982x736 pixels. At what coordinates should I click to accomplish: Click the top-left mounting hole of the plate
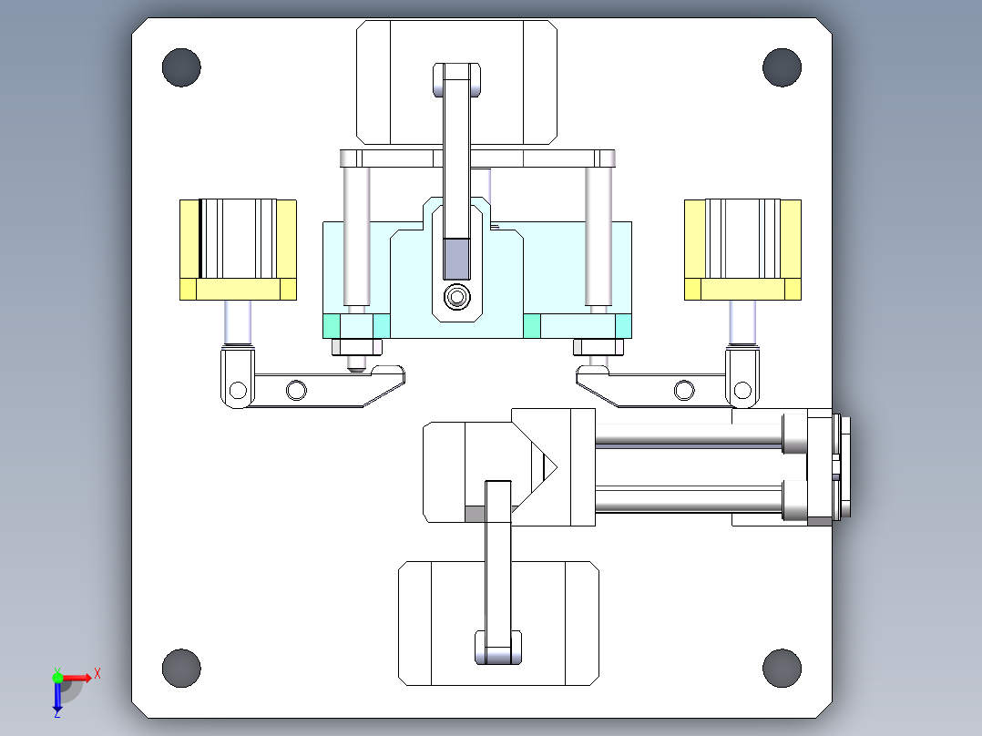coord(181,68)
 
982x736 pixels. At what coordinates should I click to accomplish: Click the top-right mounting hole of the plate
coord(782,68)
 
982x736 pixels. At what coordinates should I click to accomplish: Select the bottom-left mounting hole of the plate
coord(181,668)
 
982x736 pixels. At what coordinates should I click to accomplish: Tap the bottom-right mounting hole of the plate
coord(782,668)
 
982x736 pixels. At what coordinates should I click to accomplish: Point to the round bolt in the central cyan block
coord(455,297)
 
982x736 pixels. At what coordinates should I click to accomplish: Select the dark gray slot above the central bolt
coord(455,259)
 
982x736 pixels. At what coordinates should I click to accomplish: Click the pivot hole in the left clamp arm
coord(295,391)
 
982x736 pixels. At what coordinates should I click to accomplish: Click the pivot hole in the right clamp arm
coord(684,391)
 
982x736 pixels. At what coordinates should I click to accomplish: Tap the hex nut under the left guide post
coord(356,346)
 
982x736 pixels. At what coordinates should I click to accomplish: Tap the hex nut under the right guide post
coord(598,346)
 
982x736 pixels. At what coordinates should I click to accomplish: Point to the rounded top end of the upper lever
coord(456,77)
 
